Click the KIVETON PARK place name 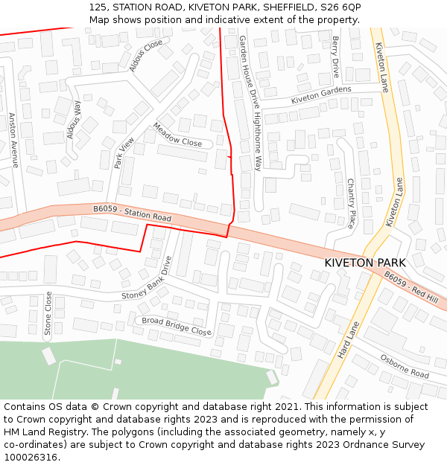(x=365, y=263)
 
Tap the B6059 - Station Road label (x=133, y=214)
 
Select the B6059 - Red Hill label (x=410, y=286)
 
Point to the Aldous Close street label (x=145, y=56)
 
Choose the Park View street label (x=124, y=153)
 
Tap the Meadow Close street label (x=177, y=135)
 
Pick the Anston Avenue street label (x=13, y=140)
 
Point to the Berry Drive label (x=336, y=57)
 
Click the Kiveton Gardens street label (x=320, y=95)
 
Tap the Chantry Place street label (x=351, y=202)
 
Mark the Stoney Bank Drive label (x=147, y=279)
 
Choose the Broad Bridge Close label (x=177, y=326)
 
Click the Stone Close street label (x=48, y=313)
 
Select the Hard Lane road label (x=349, y=340)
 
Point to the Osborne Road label (x=405, y=365)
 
